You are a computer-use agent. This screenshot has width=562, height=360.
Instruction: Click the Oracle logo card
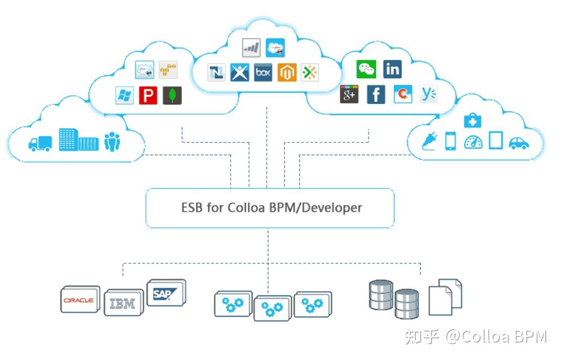coord(80,300)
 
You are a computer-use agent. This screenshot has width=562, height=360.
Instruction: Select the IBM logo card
coord(123,303)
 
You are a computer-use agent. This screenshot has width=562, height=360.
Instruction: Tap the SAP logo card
coord(165,293)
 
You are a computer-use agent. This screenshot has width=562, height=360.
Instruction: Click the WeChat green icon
coord(366,69)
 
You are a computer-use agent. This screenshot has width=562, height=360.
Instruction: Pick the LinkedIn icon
coord(392,69)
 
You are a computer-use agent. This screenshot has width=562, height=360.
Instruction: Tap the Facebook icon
coord(376,95)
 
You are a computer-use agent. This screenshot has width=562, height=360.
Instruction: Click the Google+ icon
coord(349,95)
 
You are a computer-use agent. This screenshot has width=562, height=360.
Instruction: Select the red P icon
coord(148,95)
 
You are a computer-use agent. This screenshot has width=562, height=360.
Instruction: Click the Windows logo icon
coord(124,95)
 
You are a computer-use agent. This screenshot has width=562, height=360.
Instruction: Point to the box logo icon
coord(263,73)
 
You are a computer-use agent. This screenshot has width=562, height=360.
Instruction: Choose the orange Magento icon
coord(287,73)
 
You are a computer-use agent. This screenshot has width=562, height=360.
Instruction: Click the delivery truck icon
coord(40,143)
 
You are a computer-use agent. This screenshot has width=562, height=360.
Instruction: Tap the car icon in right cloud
coord(518,142)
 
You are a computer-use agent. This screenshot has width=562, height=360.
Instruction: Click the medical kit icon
coord(473,121)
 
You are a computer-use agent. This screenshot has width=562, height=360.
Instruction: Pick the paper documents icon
coord(445,297)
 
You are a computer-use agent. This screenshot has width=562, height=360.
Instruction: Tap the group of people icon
coord(112,141)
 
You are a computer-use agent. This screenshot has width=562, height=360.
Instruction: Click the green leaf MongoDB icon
coord(172,95)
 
